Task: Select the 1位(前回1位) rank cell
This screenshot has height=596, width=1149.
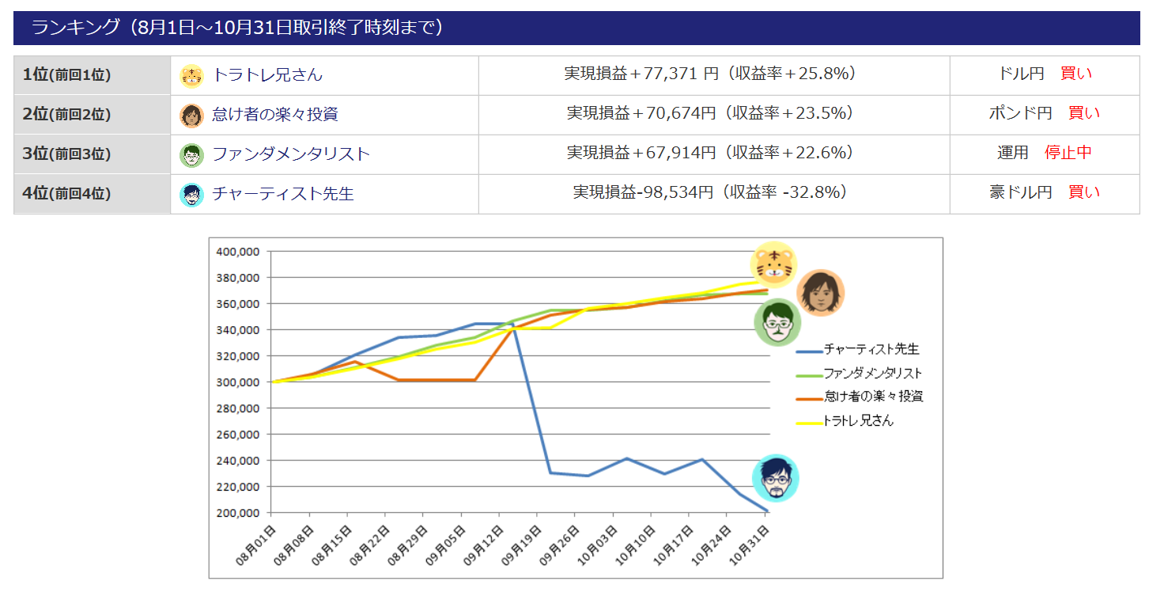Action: pyautogui.click(x=67, y=75)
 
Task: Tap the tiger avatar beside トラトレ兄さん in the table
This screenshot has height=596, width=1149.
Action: pyautogui.click(x=191, y=76)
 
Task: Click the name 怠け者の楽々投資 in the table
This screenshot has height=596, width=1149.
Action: pyautogui.click(x=275, y=115)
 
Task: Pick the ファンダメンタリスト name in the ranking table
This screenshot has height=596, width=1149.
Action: pyautogui.click(x=291, y=154)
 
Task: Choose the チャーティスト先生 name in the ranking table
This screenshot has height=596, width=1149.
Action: pyautogui.click(x=283, y=194)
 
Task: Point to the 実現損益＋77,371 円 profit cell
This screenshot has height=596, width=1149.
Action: pyautogui.click(x=641, y=74)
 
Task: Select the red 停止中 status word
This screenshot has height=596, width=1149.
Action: pyautogui.click(x=1068, y=153)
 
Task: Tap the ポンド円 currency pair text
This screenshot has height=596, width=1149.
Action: pyautogui.click(x=1020, y=113)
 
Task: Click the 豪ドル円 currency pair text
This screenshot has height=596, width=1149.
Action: pyautogui.click(x=1020, y=192)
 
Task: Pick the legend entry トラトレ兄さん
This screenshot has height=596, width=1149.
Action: pyautogui.click(x=858, y=421)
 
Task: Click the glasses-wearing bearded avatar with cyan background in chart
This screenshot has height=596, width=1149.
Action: pyautogui.click(x=775, y=478)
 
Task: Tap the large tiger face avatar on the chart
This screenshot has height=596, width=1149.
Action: pyautogui.click(x=773, y=264)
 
